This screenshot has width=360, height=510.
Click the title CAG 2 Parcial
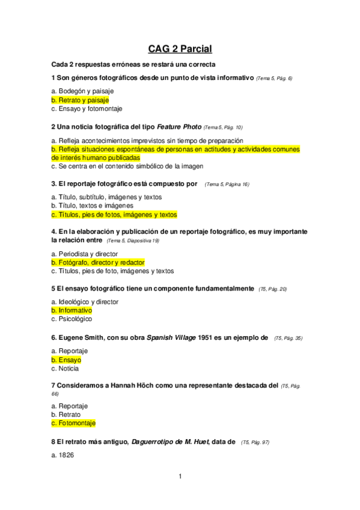180,49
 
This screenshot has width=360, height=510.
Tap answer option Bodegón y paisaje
82,91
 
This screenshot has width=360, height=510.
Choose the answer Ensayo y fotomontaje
87,109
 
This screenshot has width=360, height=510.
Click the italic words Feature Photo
179,127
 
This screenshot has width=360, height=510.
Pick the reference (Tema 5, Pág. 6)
274,79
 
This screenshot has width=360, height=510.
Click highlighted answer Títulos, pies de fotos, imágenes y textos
114,215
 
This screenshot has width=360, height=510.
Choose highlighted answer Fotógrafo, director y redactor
98,263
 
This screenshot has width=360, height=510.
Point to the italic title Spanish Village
174,338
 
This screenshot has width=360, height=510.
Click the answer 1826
63,456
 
